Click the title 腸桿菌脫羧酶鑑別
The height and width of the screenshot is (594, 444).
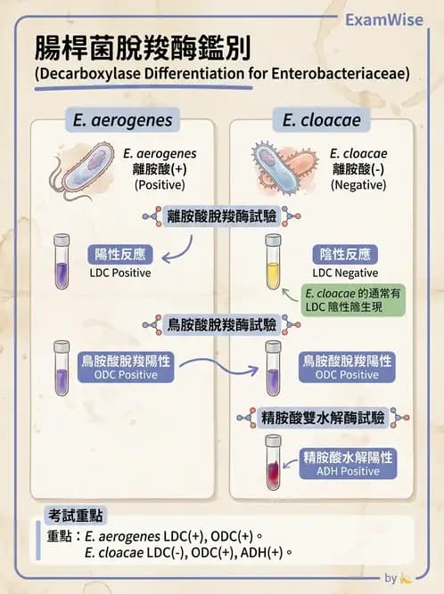pos(143,50)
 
